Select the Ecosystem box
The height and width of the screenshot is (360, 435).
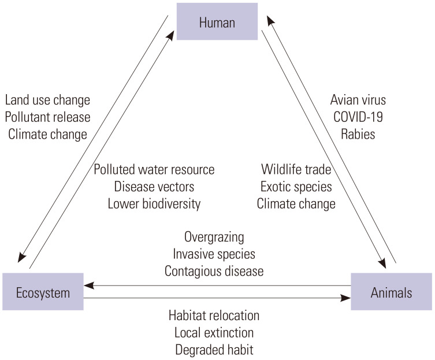click(43, 292)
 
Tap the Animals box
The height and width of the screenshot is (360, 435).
click(392, 292)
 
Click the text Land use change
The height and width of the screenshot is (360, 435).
click(47, 100)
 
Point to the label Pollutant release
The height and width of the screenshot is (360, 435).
click(47, 117)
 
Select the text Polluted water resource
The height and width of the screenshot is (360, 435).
click(154, 170)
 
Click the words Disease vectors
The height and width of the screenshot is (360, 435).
click(154, 187)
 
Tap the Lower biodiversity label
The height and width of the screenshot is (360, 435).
click(154, 203)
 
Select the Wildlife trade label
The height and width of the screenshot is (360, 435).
click(295, 170)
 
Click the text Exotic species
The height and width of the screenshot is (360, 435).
click(295, 187)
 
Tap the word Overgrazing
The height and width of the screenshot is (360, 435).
click(214, 237)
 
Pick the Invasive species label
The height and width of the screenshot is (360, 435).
click(214, 254)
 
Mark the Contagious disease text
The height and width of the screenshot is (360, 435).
click(214, 270)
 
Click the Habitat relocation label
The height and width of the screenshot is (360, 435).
click(214, 316)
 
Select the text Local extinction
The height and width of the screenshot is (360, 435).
click(214, 333)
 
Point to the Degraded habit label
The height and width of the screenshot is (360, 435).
click(214, 350)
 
